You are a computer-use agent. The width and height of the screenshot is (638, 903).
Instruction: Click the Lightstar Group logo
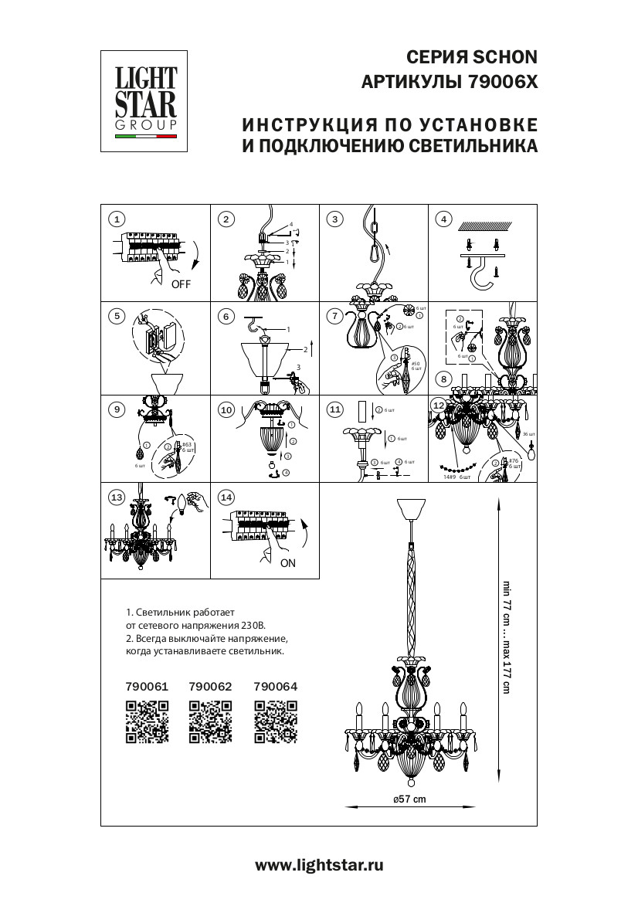[x=146, y=100]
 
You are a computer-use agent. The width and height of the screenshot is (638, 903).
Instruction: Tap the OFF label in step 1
[x=181, y=283]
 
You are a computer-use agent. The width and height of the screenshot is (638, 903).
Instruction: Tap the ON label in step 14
[x=287, y=563]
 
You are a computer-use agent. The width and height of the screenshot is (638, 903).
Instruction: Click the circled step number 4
[x=443, y=219]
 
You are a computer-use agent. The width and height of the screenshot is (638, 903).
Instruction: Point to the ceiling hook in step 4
[x=482, y=273]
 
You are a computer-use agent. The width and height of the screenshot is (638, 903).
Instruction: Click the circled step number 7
[x=334, y=316]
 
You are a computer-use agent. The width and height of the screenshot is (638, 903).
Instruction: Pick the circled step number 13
[x=117, y=498]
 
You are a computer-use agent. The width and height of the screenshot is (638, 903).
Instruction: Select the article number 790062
[x=211, y=686]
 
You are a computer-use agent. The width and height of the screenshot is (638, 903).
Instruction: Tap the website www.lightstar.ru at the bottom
[x=319, y=867]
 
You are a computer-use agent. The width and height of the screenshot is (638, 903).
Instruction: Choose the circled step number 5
[x=117, y=315]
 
